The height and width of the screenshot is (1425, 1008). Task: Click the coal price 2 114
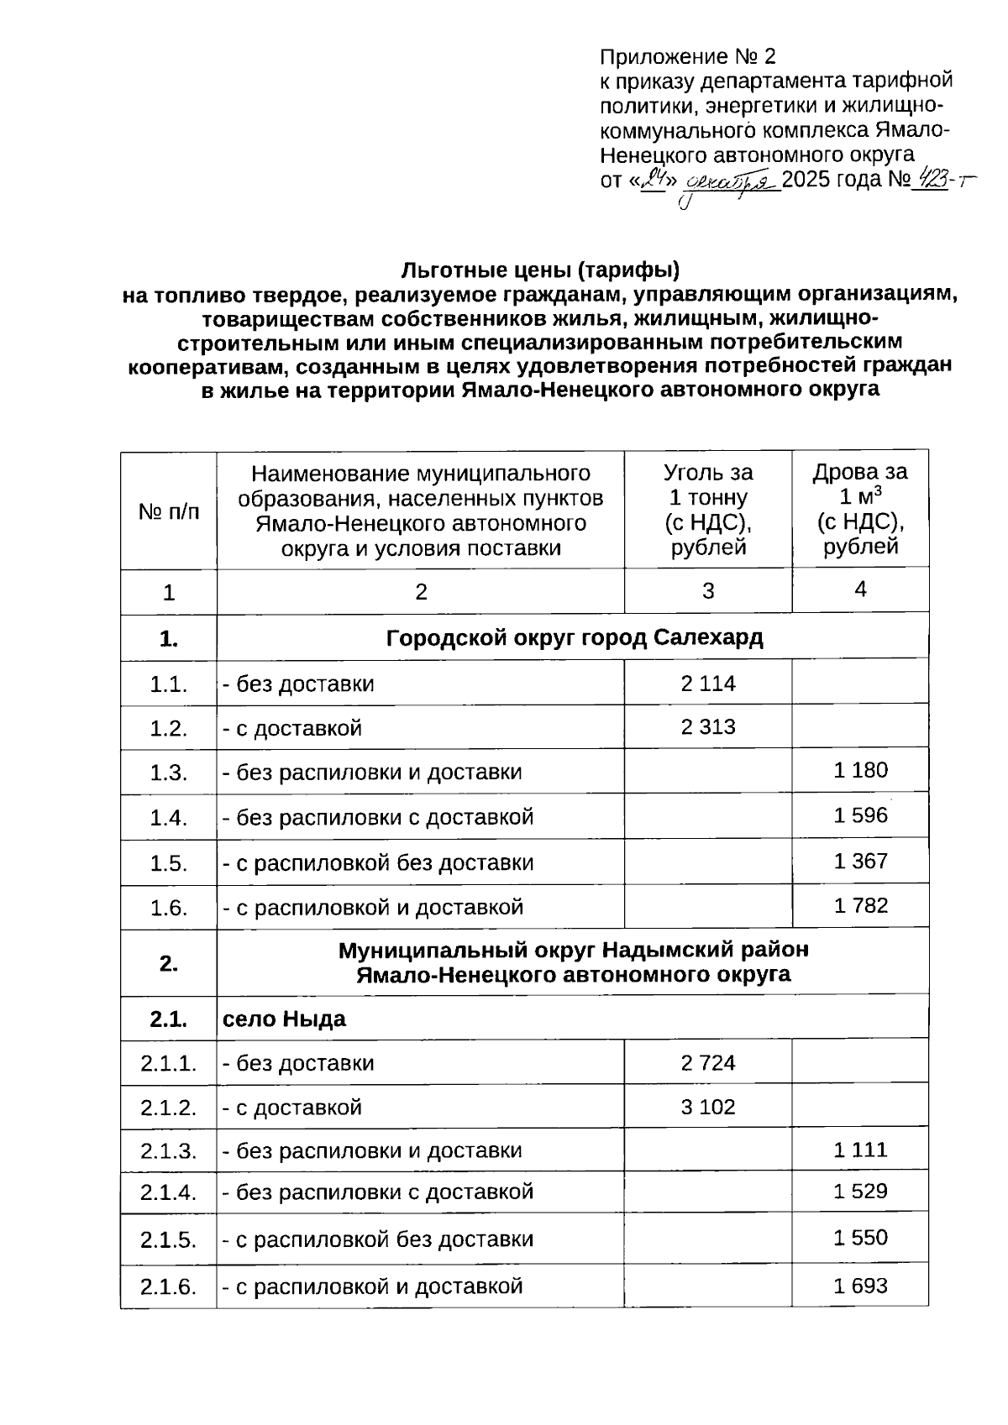pyautogui.click(x=707, y=684)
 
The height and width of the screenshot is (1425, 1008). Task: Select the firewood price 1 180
pyautogui.click(x=860, y=770)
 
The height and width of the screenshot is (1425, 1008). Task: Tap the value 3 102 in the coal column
pyautogui.click(x=707, y=1107)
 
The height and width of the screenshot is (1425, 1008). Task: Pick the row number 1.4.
pyautogui.click(x=168, y=817)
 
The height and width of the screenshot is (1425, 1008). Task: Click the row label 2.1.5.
pyautogui.click(x=168, y=1239)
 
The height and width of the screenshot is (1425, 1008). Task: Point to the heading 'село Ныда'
pyautogui.click(x=284, y=1019)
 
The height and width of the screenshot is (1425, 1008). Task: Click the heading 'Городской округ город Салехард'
pyautogui.click(x=574, y=638)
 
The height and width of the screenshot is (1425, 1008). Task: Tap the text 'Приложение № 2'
pyautogui.click(x=687, y=57)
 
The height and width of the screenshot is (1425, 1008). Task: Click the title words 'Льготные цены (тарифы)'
pyautogui.click(x=539, y=270)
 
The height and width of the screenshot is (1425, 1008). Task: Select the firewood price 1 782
pyautogui.click(x=860, y=905)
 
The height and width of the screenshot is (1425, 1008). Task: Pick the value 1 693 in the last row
pyautogui.click(x=860, y=1286)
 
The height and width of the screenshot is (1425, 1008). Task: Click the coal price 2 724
pyautogui.click(x=707, y=1063)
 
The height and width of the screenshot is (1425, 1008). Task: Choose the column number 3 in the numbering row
pyautogui.click(x=707, y=591)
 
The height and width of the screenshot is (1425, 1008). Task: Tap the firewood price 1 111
pyautogui.click(x=860, y=1150)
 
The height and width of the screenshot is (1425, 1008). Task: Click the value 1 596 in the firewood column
pyautogui.click(x=860, y=815)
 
